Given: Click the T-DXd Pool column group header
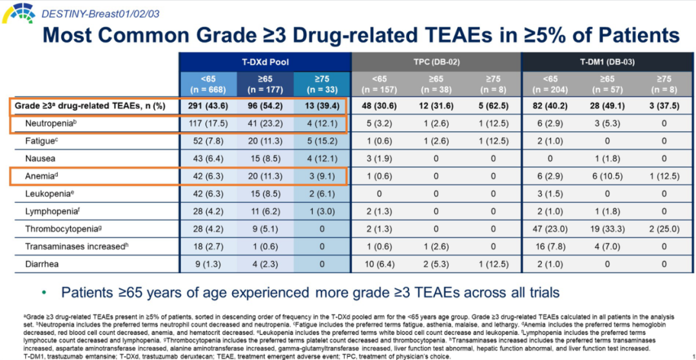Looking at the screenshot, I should click(x=265, y=62).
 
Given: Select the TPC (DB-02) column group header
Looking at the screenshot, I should click(x=436, y=62).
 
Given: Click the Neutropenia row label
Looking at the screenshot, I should click(x=52, y=122).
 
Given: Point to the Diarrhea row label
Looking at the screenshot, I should click(x=43, y=263).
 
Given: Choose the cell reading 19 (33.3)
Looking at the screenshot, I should click(x=608, y=229).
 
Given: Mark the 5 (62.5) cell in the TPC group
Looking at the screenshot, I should click(x=494, y=105).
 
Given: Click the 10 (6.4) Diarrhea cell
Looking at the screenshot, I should click(x=379, y=263).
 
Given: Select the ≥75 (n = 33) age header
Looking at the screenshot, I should click(x=322, y=84).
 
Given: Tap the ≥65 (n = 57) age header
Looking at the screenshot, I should click(x=608, y=84).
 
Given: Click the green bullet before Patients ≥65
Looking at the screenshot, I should click(x=44, y=293).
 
